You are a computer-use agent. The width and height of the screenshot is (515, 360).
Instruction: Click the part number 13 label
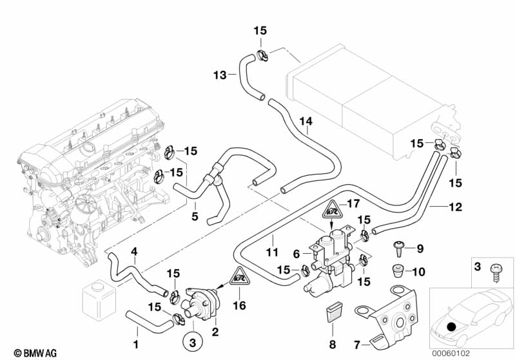pos(220,75)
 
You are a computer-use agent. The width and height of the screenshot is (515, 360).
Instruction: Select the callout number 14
pos(305,120)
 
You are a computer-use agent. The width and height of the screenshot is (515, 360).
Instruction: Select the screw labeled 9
pos(398,248)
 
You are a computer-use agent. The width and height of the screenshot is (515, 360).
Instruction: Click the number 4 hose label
pos(134,251)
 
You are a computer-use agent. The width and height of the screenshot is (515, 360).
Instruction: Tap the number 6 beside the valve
pos(296,254)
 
